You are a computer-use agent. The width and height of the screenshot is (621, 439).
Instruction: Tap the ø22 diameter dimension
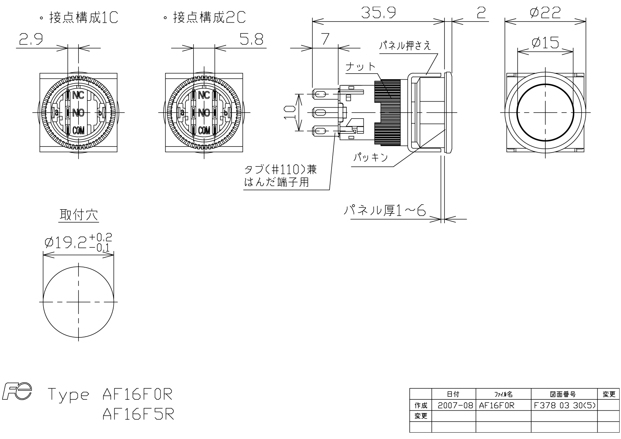pyautogui.click(x=545, y=13)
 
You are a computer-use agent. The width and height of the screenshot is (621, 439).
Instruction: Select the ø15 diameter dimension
pyautogui.click(x=545, y=43)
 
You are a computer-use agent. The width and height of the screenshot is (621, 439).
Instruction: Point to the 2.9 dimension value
pyautogui.click(x=31, y=40)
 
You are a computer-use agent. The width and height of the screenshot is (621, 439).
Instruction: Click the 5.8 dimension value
pyautogui.click(x=252, y=40)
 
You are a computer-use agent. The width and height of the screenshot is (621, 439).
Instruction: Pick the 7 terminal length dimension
pyautogui.click(x=325, y=39)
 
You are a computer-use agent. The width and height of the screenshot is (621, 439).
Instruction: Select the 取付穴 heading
pyautogui.click(x=79, y=215)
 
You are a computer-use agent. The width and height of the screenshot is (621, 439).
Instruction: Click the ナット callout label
pyautogui.click(x=360, y=67)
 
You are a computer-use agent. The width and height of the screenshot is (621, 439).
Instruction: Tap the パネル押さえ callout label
pyautogui.click(x=405, y=46)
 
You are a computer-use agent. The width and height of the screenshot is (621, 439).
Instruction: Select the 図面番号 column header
pyautogui.click(x=564, y=394)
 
